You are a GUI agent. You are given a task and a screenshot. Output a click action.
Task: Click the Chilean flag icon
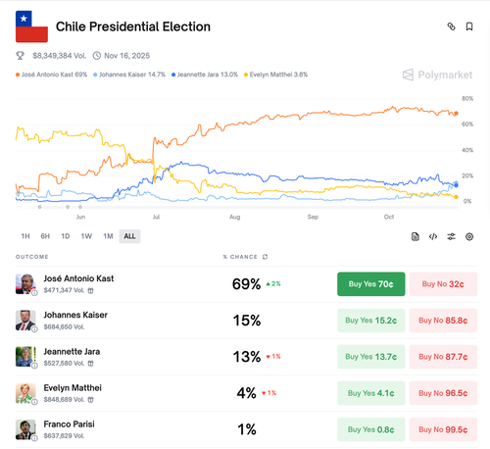click(x=31, y=26)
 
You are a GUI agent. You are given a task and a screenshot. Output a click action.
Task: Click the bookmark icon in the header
click(x=469, y=26)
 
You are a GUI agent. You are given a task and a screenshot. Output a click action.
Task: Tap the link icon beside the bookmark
click(x=450, y=26)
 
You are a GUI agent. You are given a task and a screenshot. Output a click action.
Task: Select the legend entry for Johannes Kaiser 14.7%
click(x=133, y=74)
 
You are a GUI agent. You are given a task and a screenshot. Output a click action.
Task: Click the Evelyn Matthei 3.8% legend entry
click(x=282, y=74)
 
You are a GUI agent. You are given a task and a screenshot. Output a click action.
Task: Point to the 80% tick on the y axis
click(x=467, y=99)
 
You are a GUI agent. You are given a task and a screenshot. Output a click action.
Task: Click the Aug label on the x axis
click(x=235, y=215)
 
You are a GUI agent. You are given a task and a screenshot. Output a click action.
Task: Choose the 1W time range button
click(x=86, y=236)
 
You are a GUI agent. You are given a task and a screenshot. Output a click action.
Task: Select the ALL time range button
click(x=129, y=236)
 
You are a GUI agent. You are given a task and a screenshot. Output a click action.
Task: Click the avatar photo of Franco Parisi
click(x=24, y=429)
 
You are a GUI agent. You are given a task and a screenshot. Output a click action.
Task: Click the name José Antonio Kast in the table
click(x=78, y=278)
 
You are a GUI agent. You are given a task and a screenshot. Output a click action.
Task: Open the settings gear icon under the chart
click(x=469, y=236)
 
